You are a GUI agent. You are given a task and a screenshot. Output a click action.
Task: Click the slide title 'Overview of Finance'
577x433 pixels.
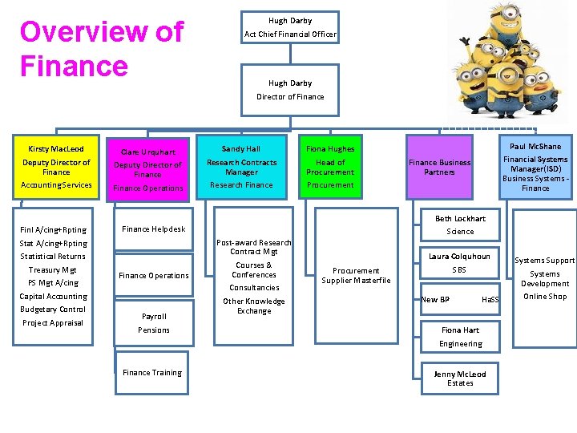[x=102, y=48]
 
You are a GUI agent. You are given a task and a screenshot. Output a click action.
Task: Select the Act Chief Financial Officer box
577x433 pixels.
[x=290, y=27]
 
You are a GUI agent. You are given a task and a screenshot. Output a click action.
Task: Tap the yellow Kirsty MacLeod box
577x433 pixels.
[x=56, y=166]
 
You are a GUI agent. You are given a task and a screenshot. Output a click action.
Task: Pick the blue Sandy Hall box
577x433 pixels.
[x=241, y=166]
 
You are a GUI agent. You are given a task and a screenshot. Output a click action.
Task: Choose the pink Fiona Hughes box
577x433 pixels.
[x=329, y=166]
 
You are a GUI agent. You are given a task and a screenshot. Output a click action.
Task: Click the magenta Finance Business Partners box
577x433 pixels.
[x=439, y=167]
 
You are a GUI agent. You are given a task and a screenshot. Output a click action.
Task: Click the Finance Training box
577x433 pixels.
[x=152, y=372]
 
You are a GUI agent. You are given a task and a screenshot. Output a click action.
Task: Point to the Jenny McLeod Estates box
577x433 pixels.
[x=460, y=378]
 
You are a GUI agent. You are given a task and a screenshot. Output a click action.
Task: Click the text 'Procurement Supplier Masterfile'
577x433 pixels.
[x=356, y=275]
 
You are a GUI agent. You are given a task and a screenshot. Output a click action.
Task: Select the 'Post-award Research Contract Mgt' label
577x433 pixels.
[x=254, y=247]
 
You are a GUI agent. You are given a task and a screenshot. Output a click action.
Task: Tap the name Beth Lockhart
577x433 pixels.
[x=460, y=218]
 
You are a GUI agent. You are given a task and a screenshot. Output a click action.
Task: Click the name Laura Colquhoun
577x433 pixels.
[x=459, y=257]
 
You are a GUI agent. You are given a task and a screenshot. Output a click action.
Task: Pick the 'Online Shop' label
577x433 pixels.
[x=545, y=297]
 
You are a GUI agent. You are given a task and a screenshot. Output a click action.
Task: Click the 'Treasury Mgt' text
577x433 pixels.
[x=53, y=269]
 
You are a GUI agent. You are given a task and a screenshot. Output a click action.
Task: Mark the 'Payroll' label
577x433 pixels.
[x=154, y=316]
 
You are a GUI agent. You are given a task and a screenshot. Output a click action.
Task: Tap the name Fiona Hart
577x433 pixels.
[x=460, y=330]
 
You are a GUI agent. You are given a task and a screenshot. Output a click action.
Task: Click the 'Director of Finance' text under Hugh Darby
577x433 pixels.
[x=290, y=97]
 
